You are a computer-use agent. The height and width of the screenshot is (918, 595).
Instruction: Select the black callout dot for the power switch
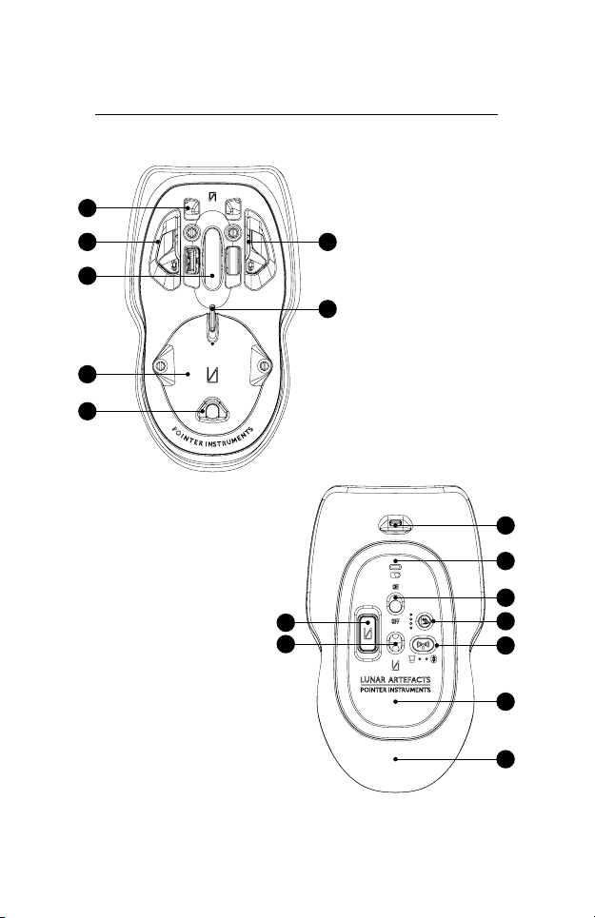tap(511, 596)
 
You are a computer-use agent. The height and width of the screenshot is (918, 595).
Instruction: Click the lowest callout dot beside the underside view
tap(511, 760)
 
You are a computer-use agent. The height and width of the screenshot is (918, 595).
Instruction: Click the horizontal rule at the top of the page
tap(298, 117)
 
